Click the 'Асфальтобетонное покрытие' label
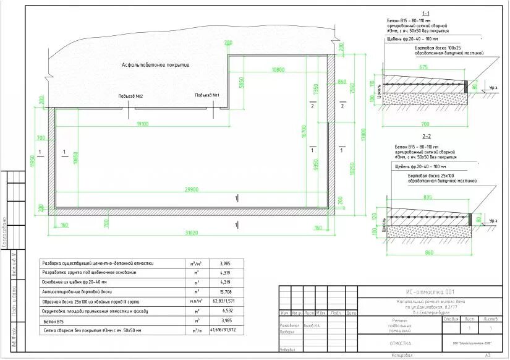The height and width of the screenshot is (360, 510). pyautogui.click(x=155, y=64)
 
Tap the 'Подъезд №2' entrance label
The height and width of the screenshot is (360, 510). pyautogui.click(x=131, y=97)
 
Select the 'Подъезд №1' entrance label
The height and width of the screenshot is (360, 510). pyautogui.click(x=207, y=95)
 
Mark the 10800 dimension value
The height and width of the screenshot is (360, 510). pyautogui.click(x=278, y=70)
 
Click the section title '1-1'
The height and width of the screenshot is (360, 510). pyautogui.click(x=426, y=14)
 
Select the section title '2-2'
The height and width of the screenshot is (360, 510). pyautogui.click(x=427, y=136)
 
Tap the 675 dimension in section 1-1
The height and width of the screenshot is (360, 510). pyautogui.click(x=423, y=66)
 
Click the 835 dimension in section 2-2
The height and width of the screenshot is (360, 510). pyautogui.click(x=427, y=197)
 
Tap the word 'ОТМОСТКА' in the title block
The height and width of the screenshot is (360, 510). pyautogui.click(x=399, y=343)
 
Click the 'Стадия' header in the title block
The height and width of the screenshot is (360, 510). pyautogui.click(x=451, y=319)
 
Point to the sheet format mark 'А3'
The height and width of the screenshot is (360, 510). pyautogui.click(x=487, y=356)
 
